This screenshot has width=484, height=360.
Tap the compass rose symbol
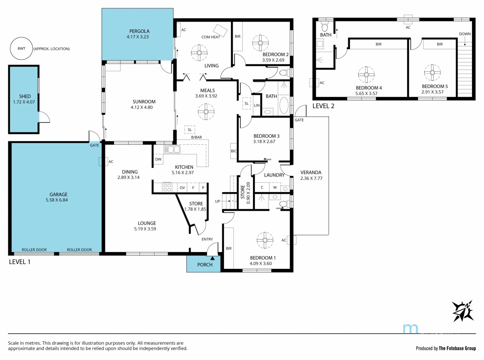tap(463, 311)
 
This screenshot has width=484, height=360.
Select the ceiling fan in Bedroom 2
tap(260, 43)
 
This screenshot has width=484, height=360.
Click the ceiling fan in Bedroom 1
tap(265, 240)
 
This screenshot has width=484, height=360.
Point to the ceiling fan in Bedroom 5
tap(432, 73)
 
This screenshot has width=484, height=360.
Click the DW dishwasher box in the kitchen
tap(158, 159)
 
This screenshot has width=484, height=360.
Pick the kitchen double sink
tap(172, 149)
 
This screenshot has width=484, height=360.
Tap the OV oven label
tap(182, 188)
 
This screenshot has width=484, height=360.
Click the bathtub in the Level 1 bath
tap(284, 106)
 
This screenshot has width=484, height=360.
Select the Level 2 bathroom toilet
tap(325, 26)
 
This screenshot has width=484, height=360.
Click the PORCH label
tap(205, 265)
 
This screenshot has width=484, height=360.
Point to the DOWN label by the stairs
tap(465, 34)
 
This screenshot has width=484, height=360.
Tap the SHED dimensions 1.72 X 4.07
tap(24, 102)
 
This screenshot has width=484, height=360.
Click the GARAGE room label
tap(58, 194)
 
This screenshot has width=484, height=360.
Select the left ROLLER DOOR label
tap(34, 250)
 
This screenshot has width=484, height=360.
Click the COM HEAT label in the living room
tap(211, 37)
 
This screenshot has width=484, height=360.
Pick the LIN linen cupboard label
tap(257, 105)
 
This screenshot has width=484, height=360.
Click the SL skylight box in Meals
tap(190, 130)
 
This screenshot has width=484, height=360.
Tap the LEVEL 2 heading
tap(323, 106)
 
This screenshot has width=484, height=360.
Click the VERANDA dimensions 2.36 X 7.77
tap(311, 178)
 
